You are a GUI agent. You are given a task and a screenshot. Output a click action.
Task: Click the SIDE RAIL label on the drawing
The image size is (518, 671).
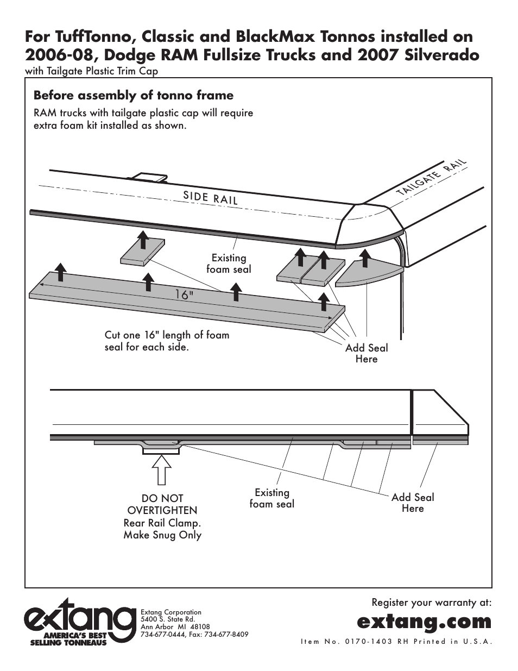211,198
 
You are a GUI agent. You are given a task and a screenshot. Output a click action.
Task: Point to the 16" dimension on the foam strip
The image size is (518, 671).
185,295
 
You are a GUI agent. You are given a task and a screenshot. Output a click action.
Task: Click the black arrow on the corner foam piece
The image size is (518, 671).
365,259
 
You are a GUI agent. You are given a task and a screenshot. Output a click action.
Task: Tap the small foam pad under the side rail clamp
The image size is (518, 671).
143,252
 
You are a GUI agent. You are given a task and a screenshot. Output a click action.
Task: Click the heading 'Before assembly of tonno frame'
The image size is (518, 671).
133,96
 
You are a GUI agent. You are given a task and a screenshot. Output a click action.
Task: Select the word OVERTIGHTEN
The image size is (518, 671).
162,510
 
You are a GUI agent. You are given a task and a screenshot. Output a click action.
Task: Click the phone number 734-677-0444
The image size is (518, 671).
160,635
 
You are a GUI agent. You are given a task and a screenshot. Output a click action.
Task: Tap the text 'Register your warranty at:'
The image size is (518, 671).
432,603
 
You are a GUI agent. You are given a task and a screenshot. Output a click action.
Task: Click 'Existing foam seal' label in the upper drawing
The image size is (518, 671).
229,264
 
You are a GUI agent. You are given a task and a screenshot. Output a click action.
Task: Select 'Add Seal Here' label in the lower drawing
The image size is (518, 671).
413,503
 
